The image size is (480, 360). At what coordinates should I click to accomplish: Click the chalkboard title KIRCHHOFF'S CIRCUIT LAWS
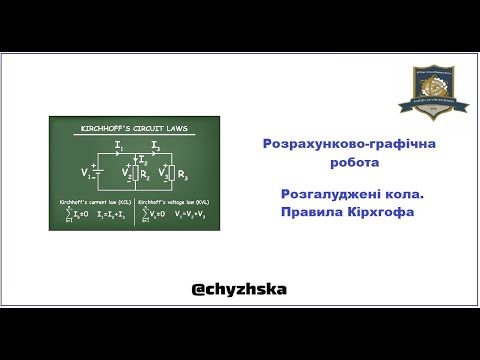pyautogui.click(x=120, y=128)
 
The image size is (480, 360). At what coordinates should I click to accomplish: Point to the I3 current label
pyautogui.click(x=155, y=146)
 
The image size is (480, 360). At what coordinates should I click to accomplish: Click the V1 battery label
pyautogui.click(x=87, y=173)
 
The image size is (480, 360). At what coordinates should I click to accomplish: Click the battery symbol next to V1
pyautogui.click(x=98, y=173)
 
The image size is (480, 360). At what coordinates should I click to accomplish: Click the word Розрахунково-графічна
pyautogui.click(x=341, y=145)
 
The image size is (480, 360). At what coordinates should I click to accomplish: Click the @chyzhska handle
pyautogui.click(x=240, y=289)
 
